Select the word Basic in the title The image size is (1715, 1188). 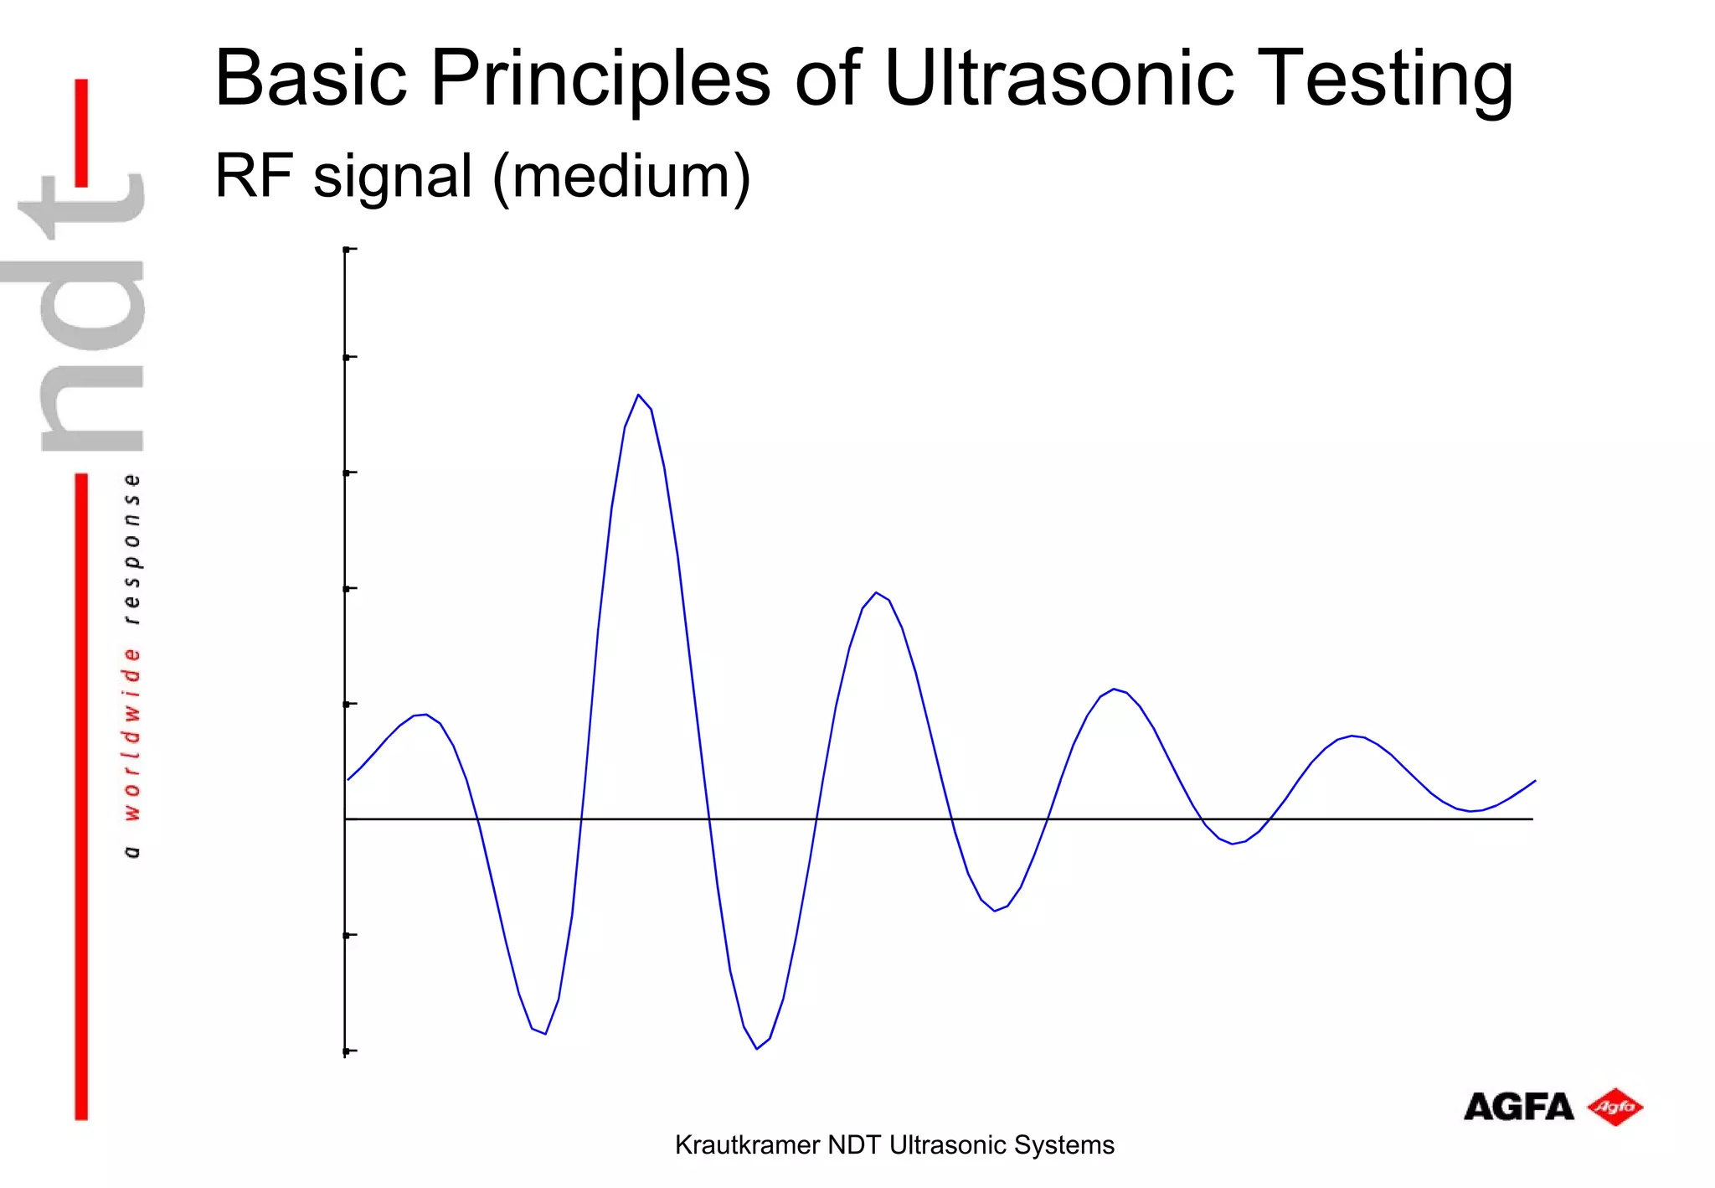click(x=311, y=78)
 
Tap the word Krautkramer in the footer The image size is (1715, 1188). click(x=747, y=1145)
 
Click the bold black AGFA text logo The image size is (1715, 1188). click(x=1517, y=1108)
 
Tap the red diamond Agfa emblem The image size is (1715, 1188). click(x=1615, y=1108)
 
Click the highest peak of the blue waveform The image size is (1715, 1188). click(x=638, y=395)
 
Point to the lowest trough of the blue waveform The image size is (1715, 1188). click(x=756, y=1048)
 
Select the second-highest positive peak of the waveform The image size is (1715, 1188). click(x=876, y=593)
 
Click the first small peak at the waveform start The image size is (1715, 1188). click(x=425, y=715)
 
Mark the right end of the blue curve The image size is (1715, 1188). click(x=1534, y=781)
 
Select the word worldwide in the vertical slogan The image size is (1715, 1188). click(x=132, y=734)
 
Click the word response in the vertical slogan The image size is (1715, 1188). click(x=132, y=549)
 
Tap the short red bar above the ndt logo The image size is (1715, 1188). click(x=81, y=132)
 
